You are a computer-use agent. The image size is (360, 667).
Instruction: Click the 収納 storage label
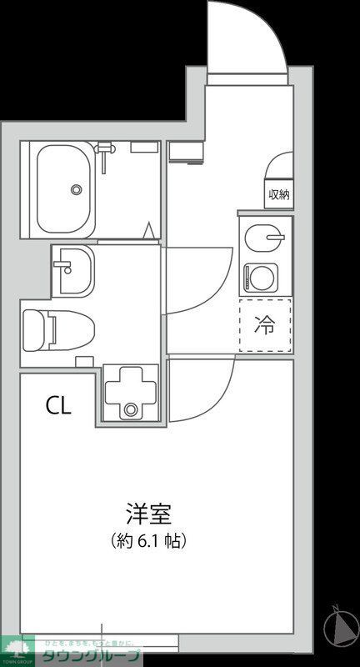279,195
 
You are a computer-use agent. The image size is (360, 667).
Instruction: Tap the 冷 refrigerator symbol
265,325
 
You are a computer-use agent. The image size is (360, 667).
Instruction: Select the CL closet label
58,406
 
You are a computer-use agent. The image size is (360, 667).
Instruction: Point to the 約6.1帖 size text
148,540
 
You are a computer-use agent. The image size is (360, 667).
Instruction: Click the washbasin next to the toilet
72,270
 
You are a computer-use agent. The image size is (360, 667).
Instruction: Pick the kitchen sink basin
265,238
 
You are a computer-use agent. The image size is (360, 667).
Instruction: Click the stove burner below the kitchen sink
260,276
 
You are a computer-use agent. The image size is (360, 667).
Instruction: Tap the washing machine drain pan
130,392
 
